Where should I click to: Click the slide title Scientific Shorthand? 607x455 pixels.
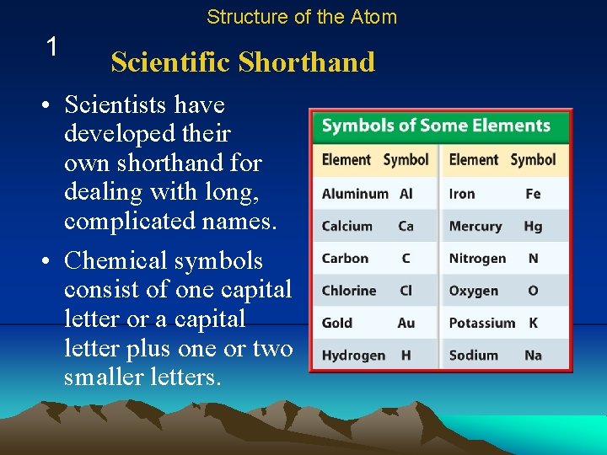(243, 62)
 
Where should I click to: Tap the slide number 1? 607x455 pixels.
(52, 47)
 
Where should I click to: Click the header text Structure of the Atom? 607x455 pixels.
(301, 17)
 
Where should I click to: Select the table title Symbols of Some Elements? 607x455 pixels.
(436, 126)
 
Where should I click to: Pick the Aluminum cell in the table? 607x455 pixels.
(355, 194)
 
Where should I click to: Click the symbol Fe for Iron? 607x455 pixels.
(533, 194)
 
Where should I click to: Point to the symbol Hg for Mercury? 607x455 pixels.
(533, 227)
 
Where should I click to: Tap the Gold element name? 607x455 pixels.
(336, 323)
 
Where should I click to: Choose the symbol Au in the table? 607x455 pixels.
(406, 323)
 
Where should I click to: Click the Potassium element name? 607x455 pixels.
(481, 323)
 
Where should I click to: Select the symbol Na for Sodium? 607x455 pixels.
(533, 355)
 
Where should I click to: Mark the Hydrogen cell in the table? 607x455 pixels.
(353, 355)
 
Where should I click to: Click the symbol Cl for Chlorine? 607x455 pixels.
(406, 291)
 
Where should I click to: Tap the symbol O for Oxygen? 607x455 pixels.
(533, 291)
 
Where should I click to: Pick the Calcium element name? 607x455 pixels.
(346, 227)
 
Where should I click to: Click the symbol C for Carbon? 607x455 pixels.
(406, 259)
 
